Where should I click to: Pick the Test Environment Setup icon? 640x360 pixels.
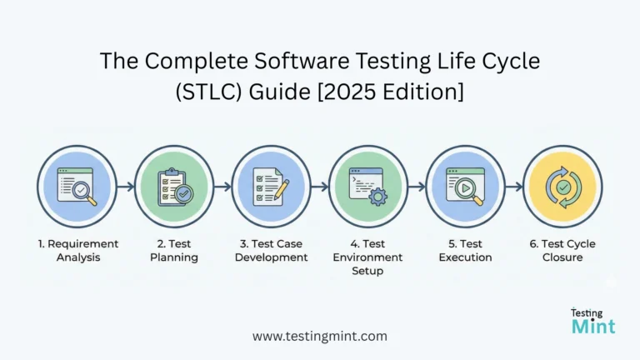[367, 186]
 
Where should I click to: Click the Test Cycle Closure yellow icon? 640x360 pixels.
[562, 186]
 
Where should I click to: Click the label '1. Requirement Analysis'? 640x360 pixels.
[77, 250]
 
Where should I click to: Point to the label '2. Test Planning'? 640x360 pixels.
[174, 250]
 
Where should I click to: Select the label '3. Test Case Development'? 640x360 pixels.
[271, 250]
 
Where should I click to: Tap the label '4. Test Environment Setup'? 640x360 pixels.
[367, 257]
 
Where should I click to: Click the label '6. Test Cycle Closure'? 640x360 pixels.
[562, 250]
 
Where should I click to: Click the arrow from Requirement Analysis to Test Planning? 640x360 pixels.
[126, 187]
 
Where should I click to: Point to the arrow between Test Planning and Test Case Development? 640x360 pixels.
[222, 187]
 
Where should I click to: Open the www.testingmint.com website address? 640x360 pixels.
[320, 336]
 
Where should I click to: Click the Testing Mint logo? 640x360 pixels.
[592, 321]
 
